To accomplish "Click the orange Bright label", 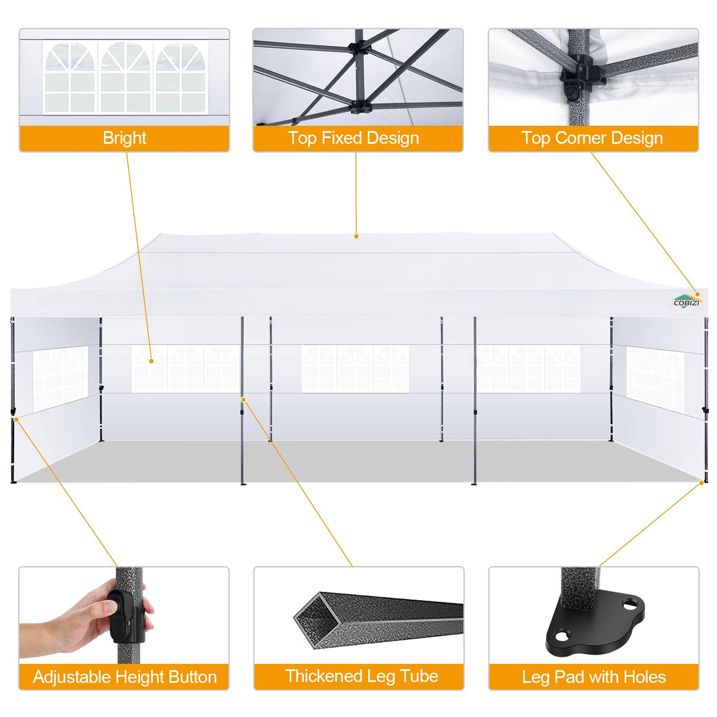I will tap(124, 138).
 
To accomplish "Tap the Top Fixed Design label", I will tap(353, 138).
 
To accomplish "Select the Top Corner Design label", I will tap(592, 138).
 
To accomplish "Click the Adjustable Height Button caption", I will tap(125, 677).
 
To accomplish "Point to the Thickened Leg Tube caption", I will tap(361, 676).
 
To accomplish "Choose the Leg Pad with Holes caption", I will tap(594, 677).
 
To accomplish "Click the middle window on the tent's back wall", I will tap(354, 369).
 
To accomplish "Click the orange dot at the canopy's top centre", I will tap(356, 236).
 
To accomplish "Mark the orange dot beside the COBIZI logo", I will tap(698, 294).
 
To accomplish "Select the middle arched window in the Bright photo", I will tap(125, 77).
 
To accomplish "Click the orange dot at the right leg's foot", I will tap(702, 483).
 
